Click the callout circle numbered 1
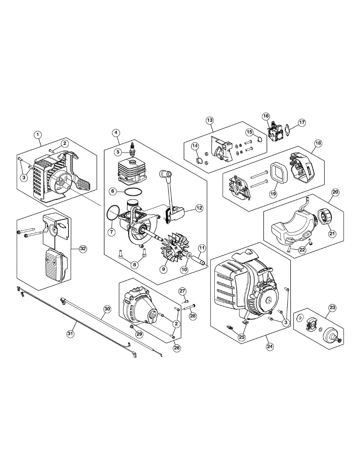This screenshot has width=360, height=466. click(x=38, y=134)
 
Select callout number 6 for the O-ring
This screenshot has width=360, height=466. click(x=111, y=191)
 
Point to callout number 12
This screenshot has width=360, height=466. click(x=199, y=208)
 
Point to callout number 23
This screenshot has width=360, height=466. click(x=332, y=308)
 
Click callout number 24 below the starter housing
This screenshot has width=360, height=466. click(x=269, y=347)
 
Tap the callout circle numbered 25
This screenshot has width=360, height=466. click(x=242, y=337)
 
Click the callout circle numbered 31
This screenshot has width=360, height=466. click(x=70, y=333)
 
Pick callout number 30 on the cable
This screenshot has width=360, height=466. click(x=107, y=309)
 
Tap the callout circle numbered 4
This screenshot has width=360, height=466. click(x=116, y=132)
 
